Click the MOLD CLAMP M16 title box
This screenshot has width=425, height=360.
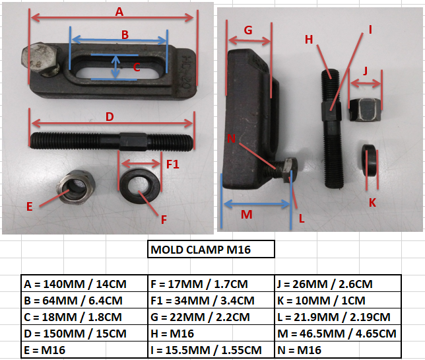click(211, 249)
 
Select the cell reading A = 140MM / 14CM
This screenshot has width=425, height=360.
click(84, 284)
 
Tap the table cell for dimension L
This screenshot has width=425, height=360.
click(338, 317)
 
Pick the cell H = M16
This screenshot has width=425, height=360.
click(211, 334)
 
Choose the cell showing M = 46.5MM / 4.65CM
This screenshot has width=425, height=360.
click(338, 334)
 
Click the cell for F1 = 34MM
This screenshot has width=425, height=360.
click(211, 301)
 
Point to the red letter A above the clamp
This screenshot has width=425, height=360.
click(119, 12)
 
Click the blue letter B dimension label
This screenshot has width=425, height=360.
click(125, 35)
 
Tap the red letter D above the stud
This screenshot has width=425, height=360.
click(110, 117)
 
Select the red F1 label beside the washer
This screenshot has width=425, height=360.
click(173, 164)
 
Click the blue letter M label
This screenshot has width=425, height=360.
click(247, 215)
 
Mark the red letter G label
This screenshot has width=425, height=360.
click(248, 30)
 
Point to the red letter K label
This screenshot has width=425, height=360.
click(372, 202)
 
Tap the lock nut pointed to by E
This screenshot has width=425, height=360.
click(76, 187)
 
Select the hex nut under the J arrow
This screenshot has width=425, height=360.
click(365, 110)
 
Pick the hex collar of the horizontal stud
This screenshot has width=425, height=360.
click(133, 141)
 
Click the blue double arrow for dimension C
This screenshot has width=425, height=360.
click(115, 67)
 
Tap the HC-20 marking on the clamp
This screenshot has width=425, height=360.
click(187, 72)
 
